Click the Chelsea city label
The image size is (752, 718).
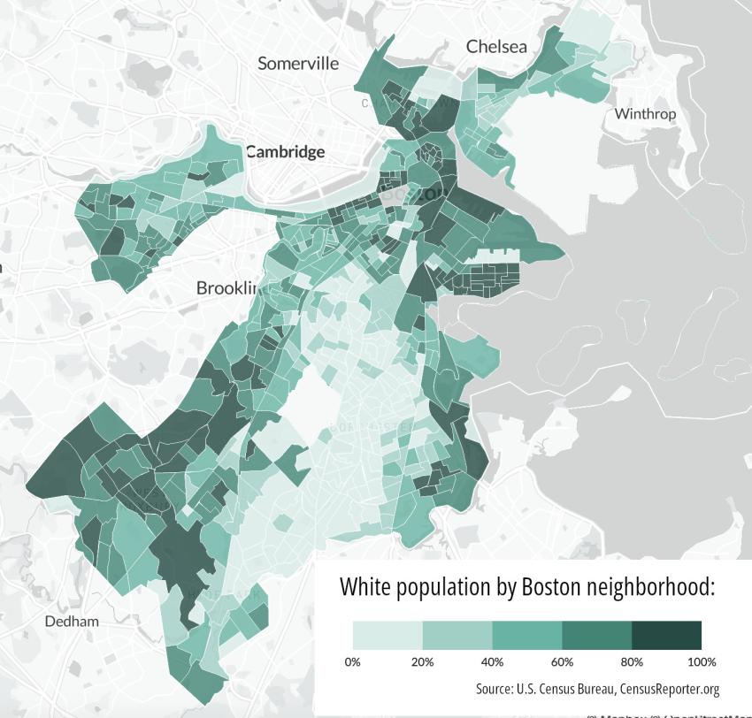pos(495,46)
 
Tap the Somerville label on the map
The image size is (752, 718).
pos(298,63)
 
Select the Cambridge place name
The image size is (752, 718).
pos(285,151)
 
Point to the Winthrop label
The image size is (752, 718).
pos(645,113)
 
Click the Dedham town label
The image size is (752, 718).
pos(72,622)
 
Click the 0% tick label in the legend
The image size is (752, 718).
pos(352,661)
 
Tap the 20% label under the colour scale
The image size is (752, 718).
pos(422,661)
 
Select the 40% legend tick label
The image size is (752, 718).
pos(492,661)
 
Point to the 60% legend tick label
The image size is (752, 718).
pos(562,661)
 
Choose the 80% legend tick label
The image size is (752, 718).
pos(632,661)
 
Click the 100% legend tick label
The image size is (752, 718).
pos(702,661)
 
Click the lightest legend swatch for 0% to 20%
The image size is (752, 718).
pos(388,635)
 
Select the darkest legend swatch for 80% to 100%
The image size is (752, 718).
pos(666,635)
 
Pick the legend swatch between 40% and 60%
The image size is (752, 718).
pos(527,635)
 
